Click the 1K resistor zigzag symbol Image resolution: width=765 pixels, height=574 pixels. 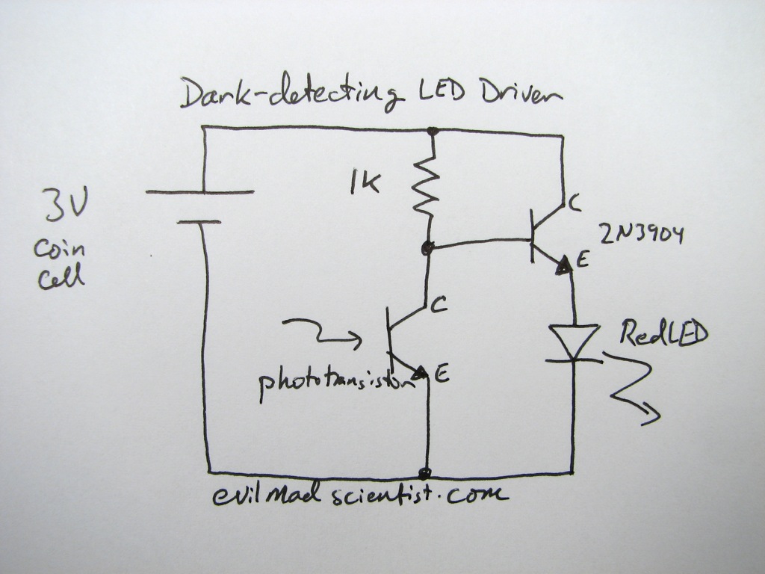tap(426, 187)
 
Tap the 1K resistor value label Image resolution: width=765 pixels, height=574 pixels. tap(364, 182)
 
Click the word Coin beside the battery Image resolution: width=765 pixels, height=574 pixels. tap(58, 249)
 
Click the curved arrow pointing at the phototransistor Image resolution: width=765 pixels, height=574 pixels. tap(322, 333)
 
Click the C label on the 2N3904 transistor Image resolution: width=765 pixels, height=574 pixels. tap(574, 201)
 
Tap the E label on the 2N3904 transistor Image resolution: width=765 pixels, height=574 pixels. tap(583, 261)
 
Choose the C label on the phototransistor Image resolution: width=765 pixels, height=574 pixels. tap(439, 304)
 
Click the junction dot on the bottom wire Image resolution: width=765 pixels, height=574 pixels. tap(426, 473)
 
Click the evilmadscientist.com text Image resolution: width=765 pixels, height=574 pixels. tap(359, 494)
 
